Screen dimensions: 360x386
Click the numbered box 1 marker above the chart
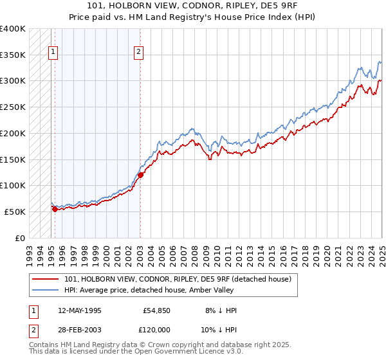point(52,53)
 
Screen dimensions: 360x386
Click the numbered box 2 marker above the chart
point(138,53)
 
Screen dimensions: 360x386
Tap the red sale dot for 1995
point(55,209)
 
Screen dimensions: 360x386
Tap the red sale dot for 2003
point(140,175)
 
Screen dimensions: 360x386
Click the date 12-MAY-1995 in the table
point(80,310)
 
